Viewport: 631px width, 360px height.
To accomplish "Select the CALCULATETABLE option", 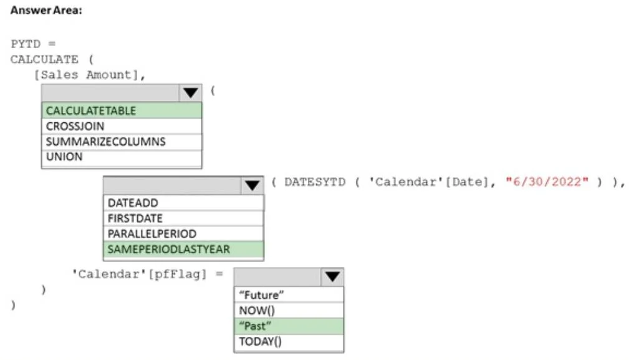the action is pos(122,110).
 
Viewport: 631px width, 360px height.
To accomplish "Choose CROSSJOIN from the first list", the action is pos(122,126).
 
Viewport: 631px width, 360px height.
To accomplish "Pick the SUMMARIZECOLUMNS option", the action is pos(122,142).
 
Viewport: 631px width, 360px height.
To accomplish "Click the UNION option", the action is pos(122,157).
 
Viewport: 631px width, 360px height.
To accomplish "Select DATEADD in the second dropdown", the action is pos(183,203).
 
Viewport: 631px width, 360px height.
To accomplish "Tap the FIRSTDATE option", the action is pos(183,218).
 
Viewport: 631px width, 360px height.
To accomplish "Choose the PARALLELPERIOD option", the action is pos(183,233).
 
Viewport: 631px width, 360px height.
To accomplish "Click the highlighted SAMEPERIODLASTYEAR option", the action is pos(183,250).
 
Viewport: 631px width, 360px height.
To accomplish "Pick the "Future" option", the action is pos(289,294).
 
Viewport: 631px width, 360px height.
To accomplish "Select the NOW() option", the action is pos(289,311).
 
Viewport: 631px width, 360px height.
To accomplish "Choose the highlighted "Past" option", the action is pos(289,326).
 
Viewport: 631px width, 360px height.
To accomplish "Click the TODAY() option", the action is pos(289,341).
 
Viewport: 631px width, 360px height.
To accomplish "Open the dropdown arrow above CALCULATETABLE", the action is pos(190,93).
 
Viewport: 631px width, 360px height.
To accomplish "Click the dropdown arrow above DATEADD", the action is pos(253,185).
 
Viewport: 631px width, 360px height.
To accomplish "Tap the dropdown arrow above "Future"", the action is pos(332,276).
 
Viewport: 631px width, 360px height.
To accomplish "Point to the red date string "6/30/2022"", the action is pos(547,182).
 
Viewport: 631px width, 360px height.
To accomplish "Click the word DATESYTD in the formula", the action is pos(315,182).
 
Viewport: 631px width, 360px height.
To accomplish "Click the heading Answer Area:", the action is pos(46,10).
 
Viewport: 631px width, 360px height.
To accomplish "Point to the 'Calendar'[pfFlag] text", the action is pos(139,275).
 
